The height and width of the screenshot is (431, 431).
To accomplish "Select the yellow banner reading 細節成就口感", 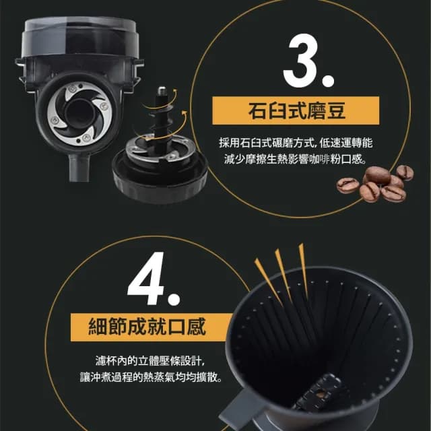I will point(147,327).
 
